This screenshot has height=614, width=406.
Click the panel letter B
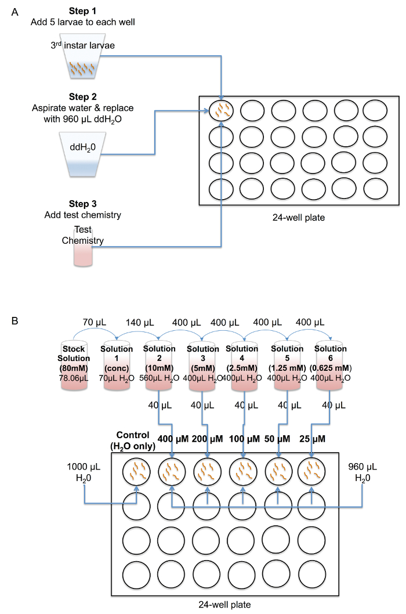coord(13,319)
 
